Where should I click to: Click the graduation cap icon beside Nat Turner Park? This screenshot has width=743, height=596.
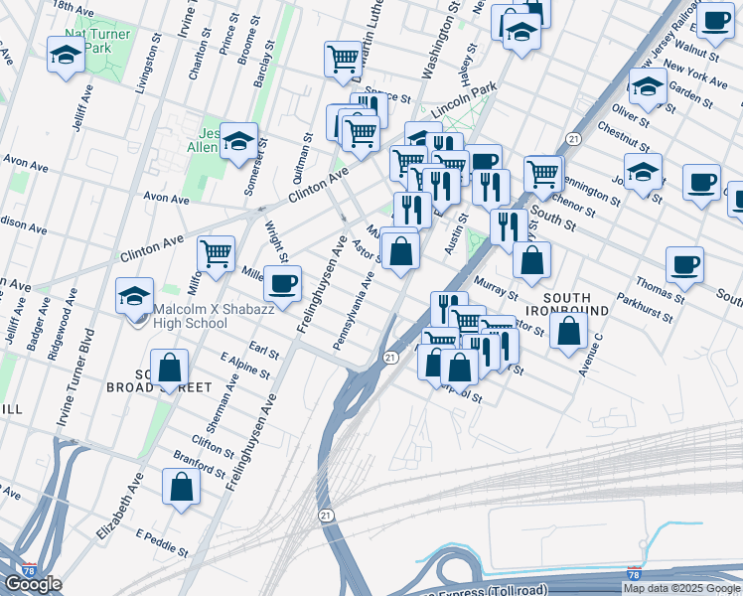pyautogui.click(x=66, y=55)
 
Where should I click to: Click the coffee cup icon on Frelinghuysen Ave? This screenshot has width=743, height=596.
pyautogui.click(x=282, y=283)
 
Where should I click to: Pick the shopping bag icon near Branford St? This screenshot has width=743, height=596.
pyautogui.click(x=181, y=487)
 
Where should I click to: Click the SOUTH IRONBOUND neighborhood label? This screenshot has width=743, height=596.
pyautogui.click(x=575, y=304)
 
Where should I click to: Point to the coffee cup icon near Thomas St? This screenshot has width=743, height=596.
pyautogui.click(x=684, y=264)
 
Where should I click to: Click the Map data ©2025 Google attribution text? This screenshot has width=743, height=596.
pyautogui.click(x=680, y=588)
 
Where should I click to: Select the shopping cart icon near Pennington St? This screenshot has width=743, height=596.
pyautogui.click(x=542, y=173)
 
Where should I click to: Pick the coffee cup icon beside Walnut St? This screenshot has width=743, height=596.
pyautogui.click(x=715, y=20)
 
